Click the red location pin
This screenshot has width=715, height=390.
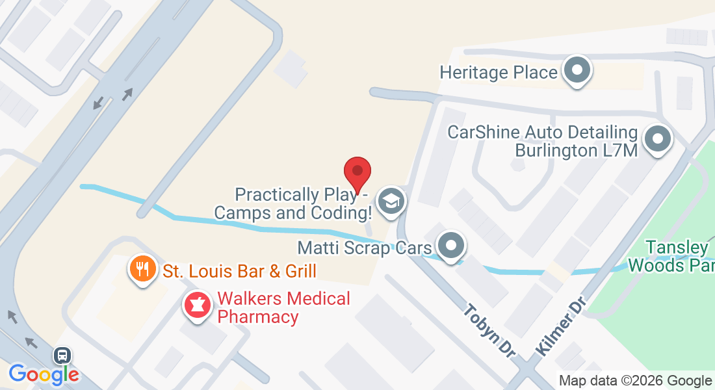click(x=357, y=172)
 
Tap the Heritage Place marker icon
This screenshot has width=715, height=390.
click(x=576, y=70)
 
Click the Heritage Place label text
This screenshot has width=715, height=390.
click(x=499, y=72)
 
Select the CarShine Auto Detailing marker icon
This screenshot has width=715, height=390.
click(x=657, y=139)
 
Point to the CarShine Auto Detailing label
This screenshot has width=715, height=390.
click(x=543, y=141)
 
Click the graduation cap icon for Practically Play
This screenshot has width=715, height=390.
click(x=391, y=201)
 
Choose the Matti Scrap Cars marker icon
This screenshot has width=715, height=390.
click(x=450, y=246)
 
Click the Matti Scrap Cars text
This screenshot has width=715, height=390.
click(x=364, y=248)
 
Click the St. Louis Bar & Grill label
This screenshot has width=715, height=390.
click(x=239, y=270)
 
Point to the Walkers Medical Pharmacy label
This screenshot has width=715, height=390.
click(x=283, y=308)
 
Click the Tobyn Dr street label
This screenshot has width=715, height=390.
click(x=489, y=330)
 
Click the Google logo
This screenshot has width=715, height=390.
click(x=44, y=374)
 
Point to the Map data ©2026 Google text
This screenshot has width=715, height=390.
click(x=635, y=381)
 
